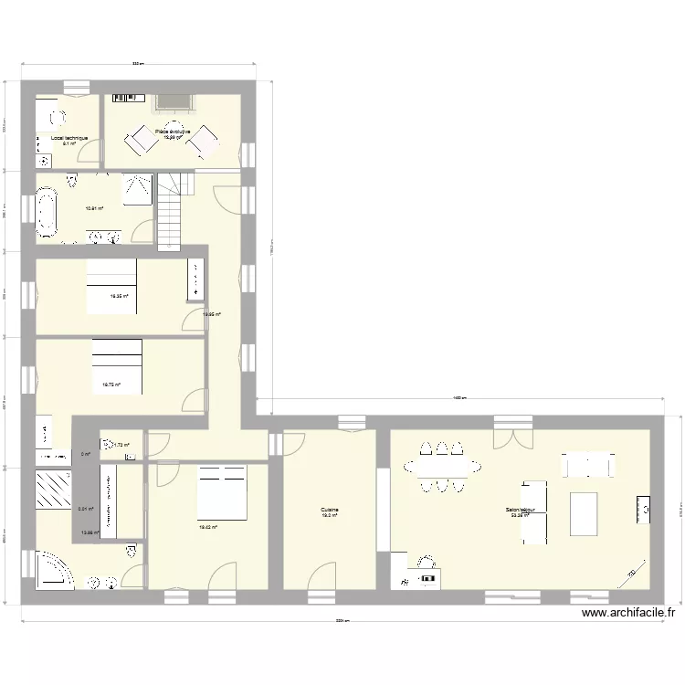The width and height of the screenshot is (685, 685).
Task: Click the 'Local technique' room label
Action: [68, 138]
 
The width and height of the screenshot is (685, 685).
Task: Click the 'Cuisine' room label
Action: [329, 511]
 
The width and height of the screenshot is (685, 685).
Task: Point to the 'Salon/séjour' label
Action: [521, 511]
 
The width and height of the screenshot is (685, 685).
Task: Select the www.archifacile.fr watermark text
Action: [627, 615]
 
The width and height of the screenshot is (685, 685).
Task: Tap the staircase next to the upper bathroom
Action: [172, 212]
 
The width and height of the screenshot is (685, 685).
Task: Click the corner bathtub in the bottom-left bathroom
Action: [55, 570]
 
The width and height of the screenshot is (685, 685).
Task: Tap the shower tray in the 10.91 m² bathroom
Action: [138, 190]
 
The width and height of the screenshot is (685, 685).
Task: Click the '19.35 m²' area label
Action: [119, 296]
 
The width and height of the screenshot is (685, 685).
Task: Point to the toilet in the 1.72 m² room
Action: [109, 446]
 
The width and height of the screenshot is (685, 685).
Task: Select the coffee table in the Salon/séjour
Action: [584, 513]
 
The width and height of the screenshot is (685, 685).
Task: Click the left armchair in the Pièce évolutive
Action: [142, 139]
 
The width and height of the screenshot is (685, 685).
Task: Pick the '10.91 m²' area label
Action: [94, 208]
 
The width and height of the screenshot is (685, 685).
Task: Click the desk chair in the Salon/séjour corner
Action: [425, 564]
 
